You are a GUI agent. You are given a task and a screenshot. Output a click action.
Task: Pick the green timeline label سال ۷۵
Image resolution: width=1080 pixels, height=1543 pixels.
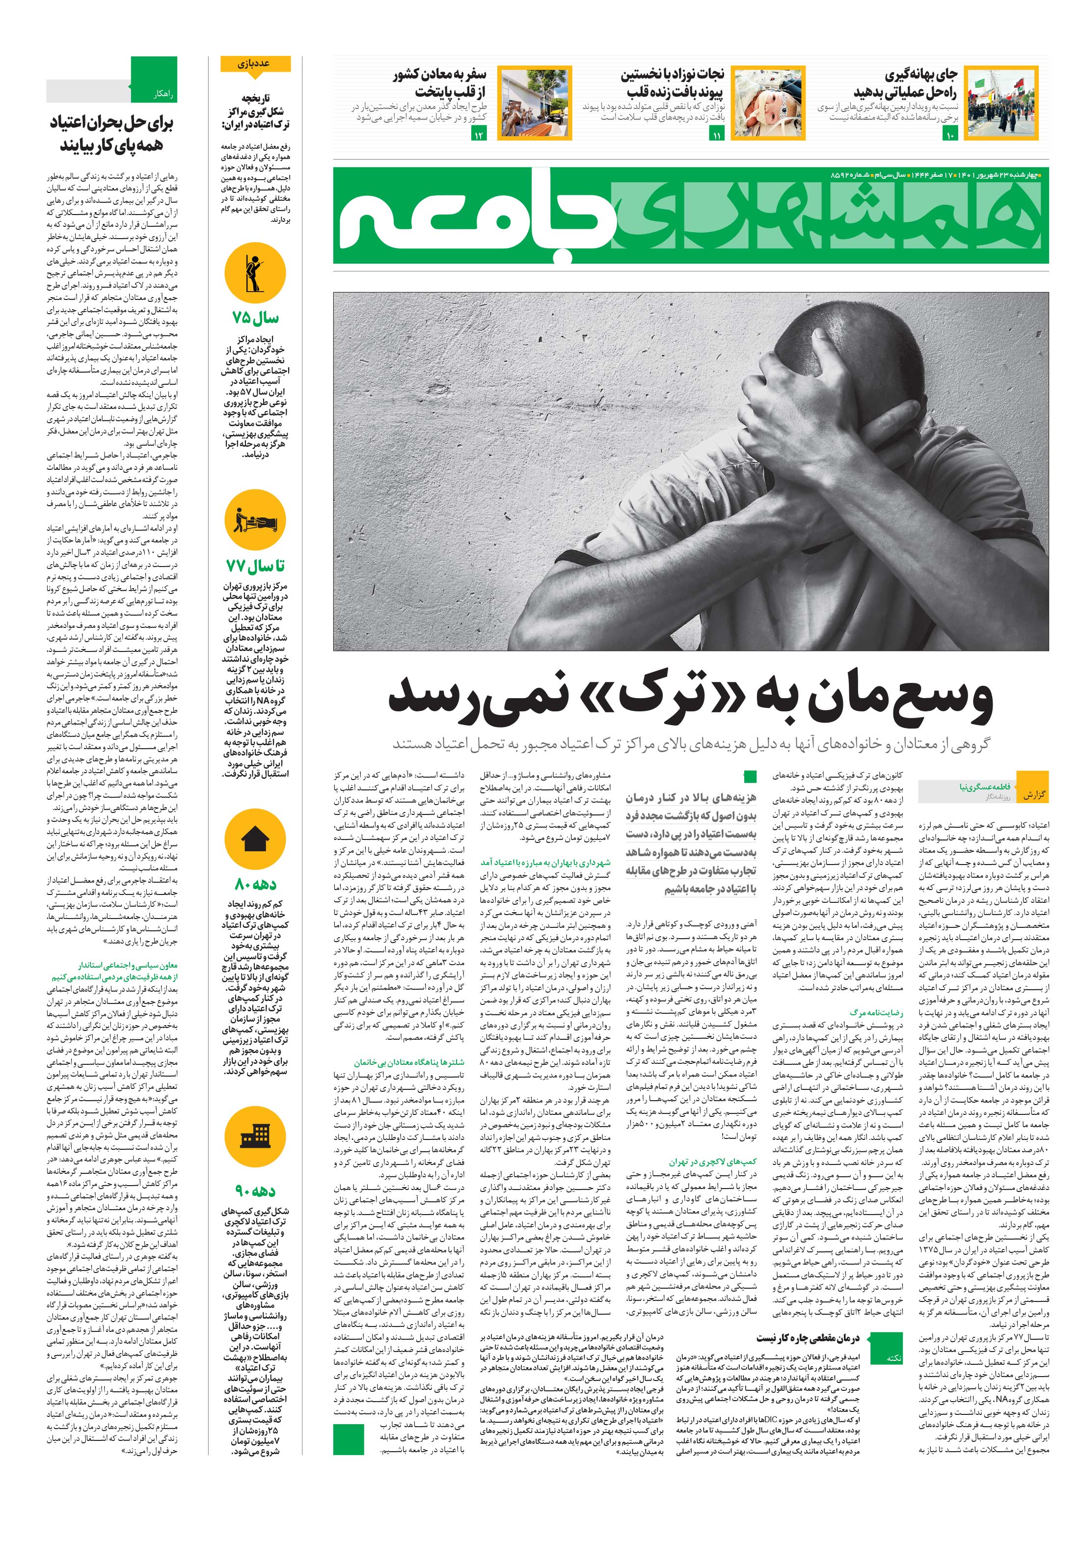255,318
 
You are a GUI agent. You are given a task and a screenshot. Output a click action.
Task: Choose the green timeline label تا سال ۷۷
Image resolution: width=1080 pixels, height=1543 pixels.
255,567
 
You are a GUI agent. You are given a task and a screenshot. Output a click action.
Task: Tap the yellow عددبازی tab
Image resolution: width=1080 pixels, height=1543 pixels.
255,64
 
